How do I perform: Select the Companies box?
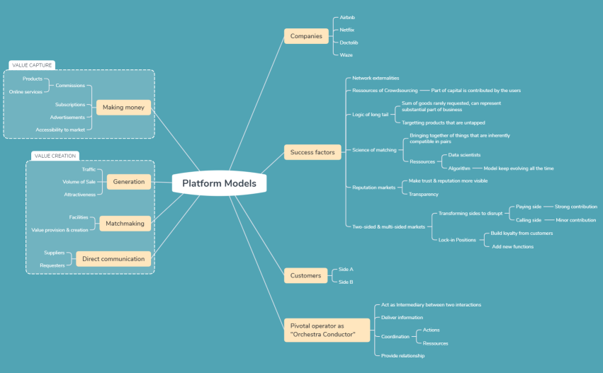306,35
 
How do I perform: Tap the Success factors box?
312,152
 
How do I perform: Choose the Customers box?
306,275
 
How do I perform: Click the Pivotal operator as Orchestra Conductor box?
327,330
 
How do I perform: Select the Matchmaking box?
125,223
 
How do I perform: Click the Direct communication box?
113,259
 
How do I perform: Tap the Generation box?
128,181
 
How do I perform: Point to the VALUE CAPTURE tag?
32,65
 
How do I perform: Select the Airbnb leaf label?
347,18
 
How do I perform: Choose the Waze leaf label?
346,54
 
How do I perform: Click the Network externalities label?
376,78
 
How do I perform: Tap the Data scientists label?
464,154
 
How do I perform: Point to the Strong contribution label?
575,207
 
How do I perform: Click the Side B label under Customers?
346,282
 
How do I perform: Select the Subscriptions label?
70,105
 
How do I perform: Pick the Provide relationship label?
402,355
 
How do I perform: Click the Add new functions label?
512,246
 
